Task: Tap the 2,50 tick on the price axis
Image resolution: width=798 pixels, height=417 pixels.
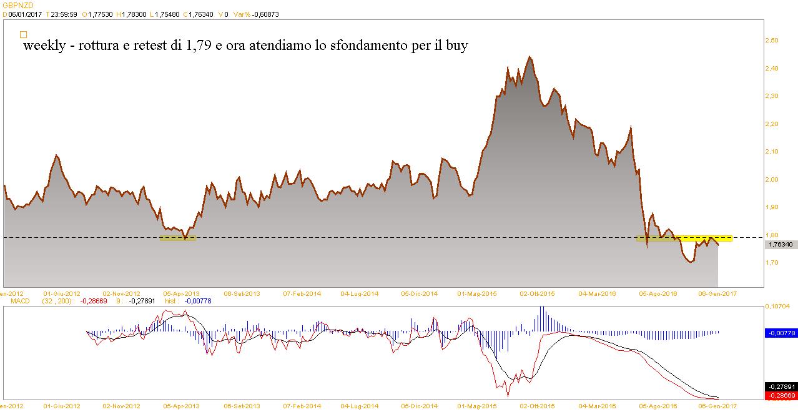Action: click(x=772, y=40)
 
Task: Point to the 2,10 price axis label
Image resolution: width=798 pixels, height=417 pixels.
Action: click(x=772, y=152)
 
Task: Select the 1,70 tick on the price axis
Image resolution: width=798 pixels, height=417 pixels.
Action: click(x=772, y=263)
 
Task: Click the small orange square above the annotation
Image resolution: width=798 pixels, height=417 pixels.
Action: click(x=24, y=35)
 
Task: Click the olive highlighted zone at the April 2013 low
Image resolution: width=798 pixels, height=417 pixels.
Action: click(x=178, y=237)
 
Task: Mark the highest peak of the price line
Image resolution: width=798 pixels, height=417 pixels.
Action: click(x=530, y=57)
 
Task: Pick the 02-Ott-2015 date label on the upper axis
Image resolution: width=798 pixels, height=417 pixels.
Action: click(x=538, y=293)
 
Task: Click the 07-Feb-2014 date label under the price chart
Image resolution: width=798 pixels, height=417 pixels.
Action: click(x=302, y=293)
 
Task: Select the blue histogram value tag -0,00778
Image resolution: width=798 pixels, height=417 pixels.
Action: click(x=780, y=333)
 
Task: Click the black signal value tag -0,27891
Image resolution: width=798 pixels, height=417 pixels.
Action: click(x=780, y=386)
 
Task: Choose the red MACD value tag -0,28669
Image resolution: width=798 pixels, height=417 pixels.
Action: click(x=780, y=395)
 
